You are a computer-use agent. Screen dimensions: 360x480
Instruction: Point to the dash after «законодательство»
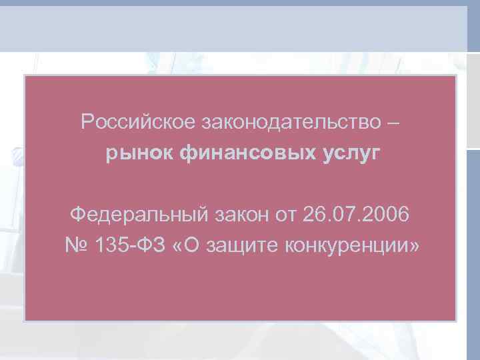(x=394, y=122)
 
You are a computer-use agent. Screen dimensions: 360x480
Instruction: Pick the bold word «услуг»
(x=352, y=154)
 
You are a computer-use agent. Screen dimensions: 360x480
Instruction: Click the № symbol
(x=77, y=246)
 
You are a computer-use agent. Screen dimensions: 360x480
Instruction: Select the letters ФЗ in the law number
(x=149, y=246)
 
